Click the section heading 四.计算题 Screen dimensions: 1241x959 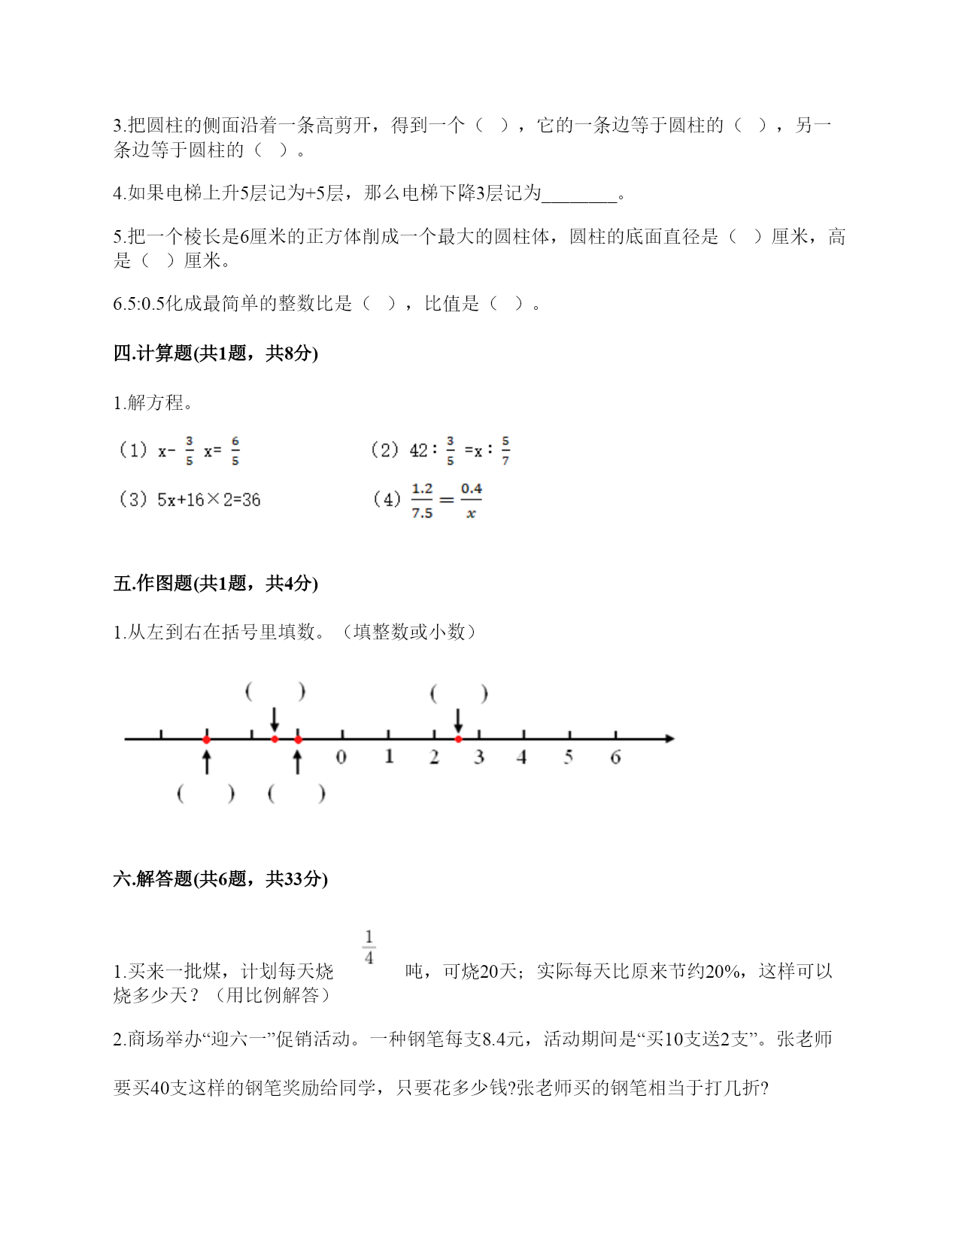pos(215,353)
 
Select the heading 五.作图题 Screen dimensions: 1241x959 pos(215,584)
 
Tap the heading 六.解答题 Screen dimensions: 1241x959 pos(220,878)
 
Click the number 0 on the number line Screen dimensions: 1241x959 pos(341,757)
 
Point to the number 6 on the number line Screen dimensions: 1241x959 pos(615,757)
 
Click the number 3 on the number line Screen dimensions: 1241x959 pos(478,757)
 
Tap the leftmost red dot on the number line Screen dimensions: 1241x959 pos(207,739)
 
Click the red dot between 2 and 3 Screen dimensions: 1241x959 pos(458,739)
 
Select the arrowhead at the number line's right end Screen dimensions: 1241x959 pos(669,739)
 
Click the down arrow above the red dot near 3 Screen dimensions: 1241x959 pos(458,720)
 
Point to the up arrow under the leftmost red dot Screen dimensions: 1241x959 pos(207,761)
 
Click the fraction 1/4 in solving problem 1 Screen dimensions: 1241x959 pos(369,947)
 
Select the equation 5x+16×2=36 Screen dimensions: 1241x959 pos(208,500)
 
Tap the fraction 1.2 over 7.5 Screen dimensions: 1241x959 pos(422,501)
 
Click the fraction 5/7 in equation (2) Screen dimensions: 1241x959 pos(505,451)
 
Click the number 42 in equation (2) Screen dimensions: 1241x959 pos(418,451)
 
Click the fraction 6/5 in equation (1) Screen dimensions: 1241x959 pos(235,451)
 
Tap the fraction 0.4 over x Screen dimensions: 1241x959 pos(471,501)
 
